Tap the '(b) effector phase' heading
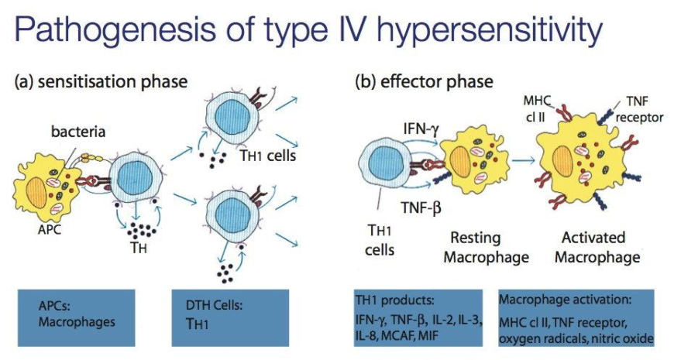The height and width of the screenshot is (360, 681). tap(424, 81)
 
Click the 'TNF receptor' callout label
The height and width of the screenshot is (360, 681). tap(637, 109)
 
